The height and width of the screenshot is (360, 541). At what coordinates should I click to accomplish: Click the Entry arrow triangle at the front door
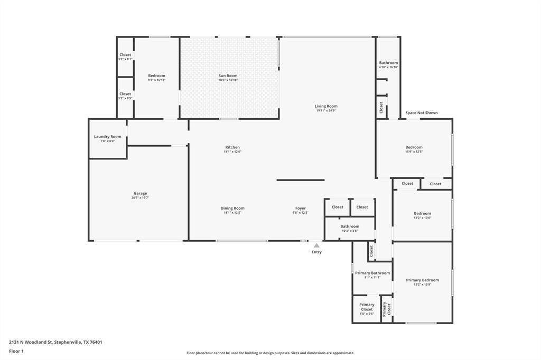pos(316,245)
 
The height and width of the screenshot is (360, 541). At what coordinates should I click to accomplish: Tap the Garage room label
pos(140,193)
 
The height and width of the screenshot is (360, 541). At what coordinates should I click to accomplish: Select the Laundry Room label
pos(108,137)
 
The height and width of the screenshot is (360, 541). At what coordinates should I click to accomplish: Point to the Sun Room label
pos(228,75)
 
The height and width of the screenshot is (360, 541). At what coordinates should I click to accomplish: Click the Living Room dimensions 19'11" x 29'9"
pos(326,111)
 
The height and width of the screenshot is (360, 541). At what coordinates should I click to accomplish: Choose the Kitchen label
pos(232,147)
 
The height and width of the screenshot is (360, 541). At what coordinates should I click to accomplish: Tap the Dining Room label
pos(232,208)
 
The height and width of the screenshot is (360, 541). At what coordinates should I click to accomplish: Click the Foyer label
pos(300,208)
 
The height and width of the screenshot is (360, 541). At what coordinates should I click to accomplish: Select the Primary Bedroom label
pos(422,280)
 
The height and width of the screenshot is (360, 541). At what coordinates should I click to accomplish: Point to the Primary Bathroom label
pos(372,273)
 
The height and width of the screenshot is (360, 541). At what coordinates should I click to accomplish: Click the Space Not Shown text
pos(421,112)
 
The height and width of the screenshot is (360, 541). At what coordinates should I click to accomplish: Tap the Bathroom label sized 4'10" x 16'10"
pos(388,63)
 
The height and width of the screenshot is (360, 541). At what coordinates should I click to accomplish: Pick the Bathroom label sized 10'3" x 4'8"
pos(350,226)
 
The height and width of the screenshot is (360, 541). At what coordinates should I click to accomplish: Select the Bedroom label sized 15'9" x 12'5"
pos(414,147)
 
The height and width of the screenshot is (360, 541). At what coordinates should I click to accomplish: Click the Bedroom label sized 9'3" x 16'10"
pos(156,75)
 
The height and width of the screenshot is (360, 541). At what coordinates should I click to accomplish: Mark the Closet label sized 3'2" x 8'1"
pos(125,55)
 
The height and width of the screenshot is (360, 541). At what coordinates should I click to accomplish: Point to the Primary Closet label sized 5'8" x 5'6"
pos(367,307)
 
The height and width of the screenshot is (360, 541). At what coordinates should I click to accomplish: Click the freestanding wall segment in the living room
pos(301,180)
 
